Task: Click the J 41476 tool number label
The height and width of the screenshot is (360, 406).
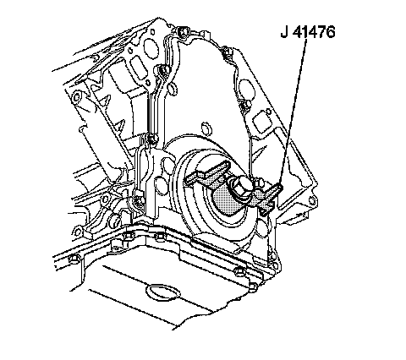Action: click(x=308, y=32)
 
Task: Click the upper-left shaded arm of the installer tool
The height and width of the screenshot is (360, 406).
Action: click(x=207, y=172)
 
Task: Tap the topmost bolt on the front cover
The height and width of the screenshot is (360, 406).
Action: click(x=183, y=31)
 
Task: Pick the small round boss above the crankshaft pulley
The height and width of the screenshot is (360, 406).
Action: click(x=206, y=128)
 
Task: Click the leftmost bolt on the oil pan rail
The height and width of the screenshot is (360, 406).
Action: click(x=74, y=258)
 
